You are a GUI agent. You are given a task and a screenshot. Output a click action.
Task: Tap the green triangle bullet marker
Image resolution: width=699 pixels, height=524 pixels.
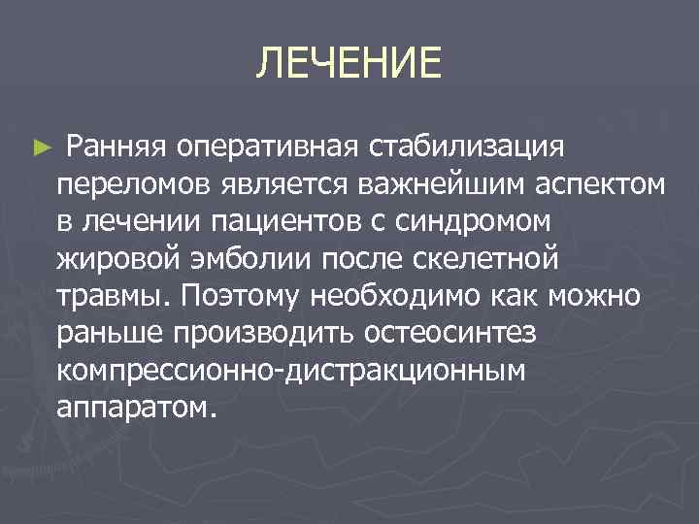(39, 149)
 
